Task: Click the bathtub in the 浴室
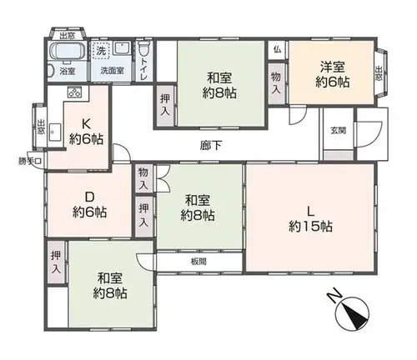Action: pos(67,51)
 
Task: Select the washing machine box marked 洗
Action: pos(101,50)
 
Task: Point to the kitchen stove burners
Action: pos(74,92)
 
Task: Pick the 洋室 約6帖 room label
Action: pos(333,74)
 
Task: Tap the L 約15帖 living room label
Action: pos(310,219)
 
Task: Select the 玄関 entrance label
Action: pos(338,130)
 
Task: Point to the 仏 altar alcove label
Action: pos(277,50)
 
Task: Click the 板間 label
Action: pos(198,262)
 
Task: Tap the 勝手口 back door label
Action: pos(30,161)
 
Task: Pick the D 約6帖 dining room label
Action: pos(89,205)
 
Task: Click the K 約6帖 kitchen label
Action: pos(86,132)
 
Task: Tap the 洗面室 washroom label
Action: pos(112,71)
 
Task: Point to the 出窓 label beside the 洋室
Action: pos(379,72)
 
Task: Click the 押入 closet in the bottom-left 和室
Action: pos(56,262)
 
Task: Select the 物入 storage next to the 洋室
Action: pos(276,83)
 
